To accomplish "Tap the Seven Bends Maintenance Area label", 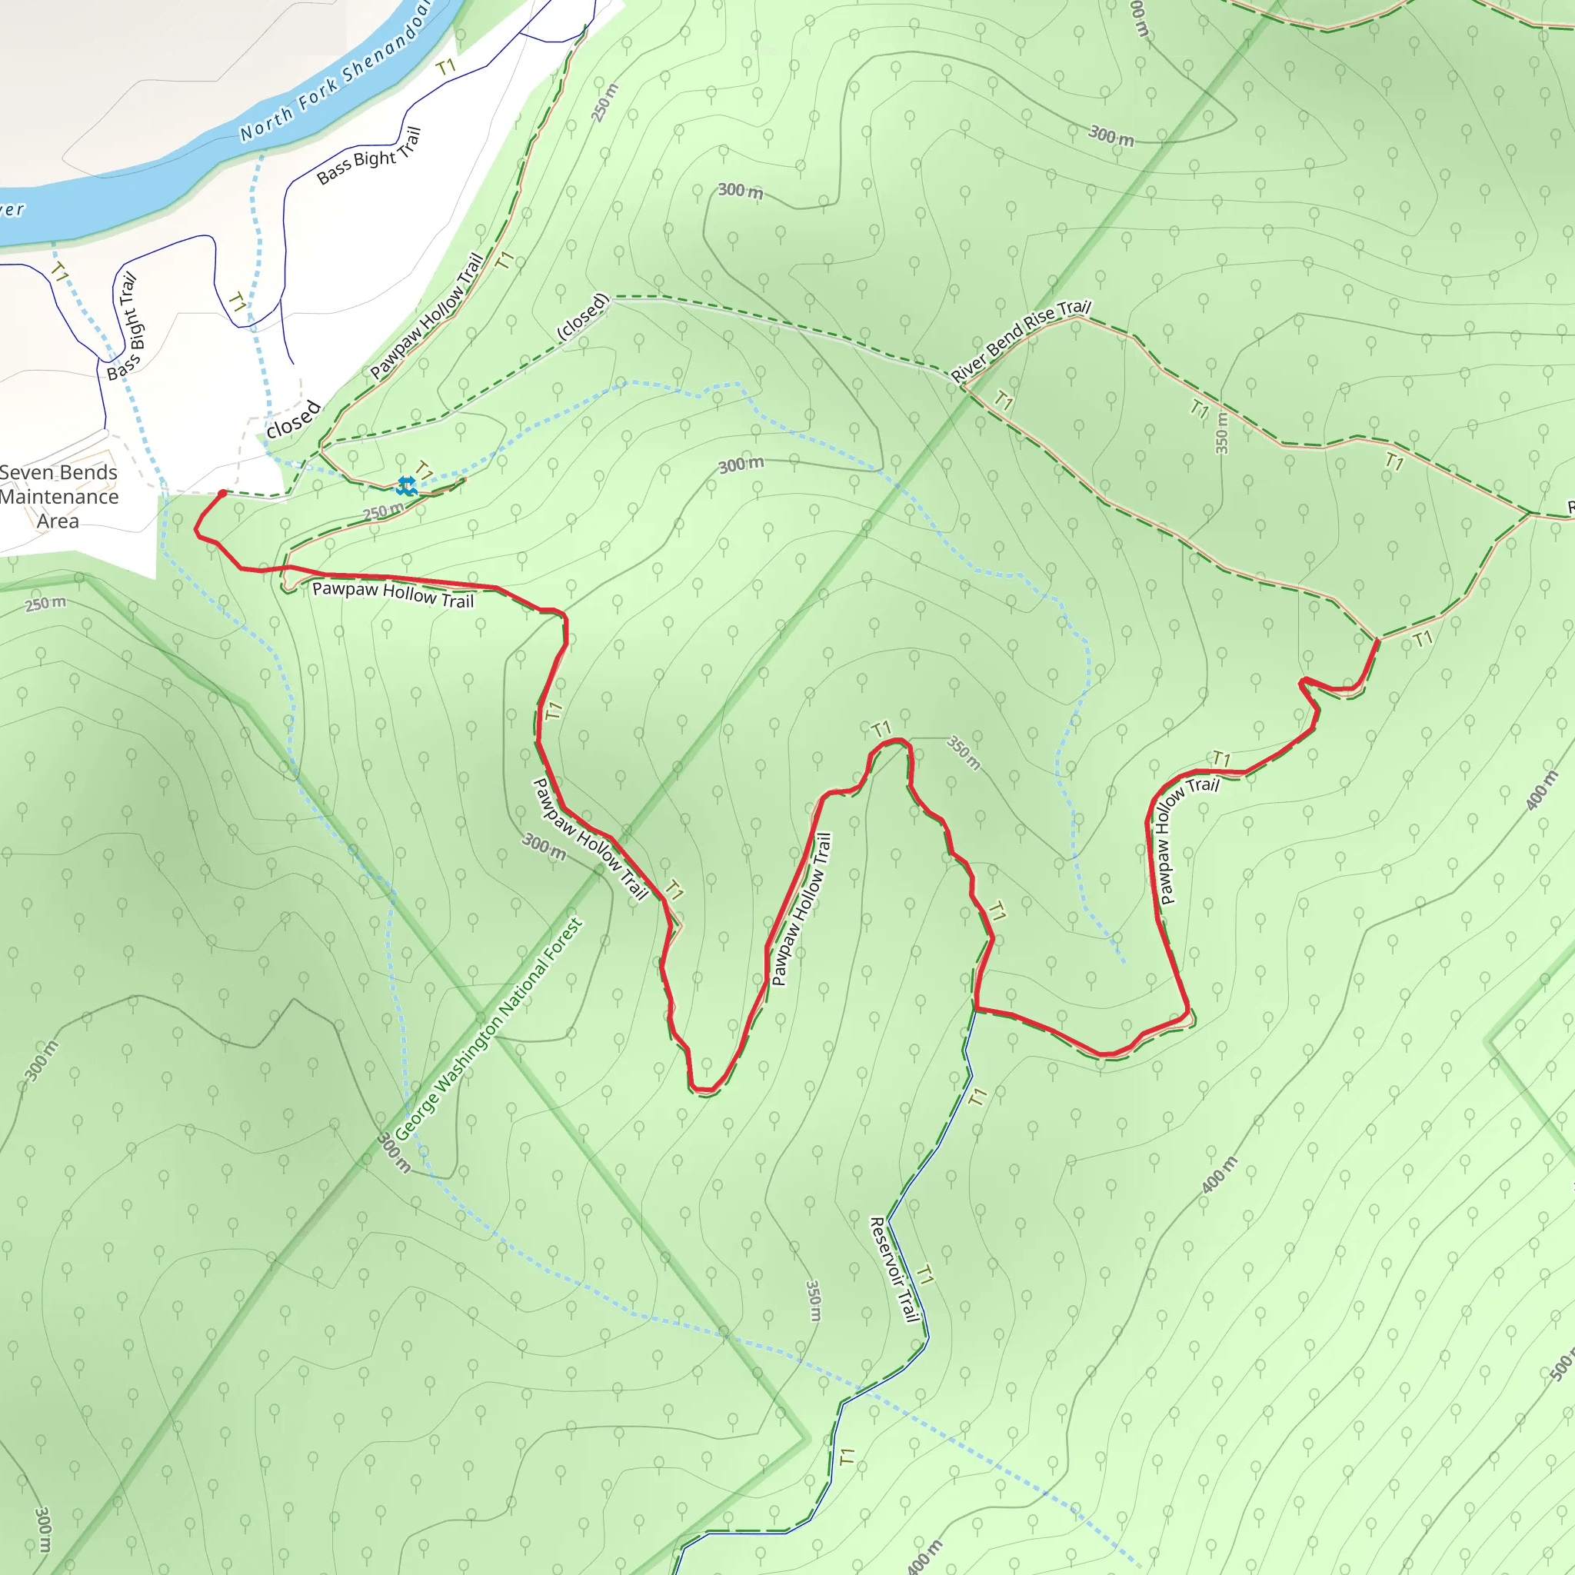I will [x=58, y=497].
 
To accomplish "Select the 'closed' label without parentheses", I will [x=294, y=420].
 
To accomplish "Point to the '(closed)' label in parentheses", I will [x=583, y=317].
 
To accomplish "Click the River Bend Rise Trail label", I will [x=1021, y=341].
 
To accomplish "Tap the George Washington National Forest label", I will [x=489, y=1031].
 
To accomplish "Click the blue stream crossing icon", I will [x=406, y=487].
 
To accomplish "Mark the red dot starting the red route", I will [x=222, y=493].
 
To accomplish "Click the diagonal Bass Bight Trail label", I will [x=369, y=155].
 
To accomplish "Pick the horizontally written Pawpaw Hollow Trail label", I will [x=393, y=594].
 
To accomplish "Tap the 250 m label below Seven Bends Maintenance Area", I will [x=45, y=604].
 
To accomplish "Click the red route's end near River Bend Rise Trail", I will [x=1377, y=641].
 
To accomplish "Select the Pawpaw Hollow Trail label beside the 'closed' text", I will [x=427, y=316].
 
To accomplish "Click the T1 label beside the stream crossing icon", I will [x=424, y=471].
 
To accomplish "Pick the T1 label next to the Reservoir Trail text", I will [x=925, y=1275].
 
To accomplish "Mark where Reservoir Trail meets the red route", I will [x=976, y=1009].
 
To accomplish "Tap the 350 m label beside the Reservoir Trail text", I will [x=814, y=1300].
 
